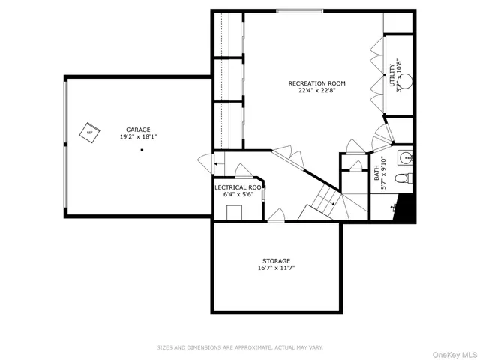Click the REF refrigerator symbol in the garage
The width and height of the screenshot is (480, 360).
tap(90, 133)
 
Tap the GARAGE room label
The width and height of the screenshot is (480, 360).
tap(137, 129)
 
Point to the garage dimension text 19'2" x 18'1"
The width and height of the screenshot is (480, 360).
tap(137, 137)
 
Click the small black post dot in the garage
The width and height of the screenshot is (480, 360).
tap(142, 151)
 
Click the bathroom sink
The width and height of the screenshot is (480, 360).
tap(406, 157)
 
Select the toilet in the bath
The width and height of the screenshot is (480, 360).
tap(403, 178)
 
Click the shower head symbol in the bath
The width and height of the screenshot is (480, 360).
tap(394, 211)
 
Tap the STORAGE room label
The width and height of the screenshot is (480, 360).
tap(276, 261)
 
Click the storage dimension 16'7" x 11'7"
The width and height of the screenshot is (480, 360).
tap(276, 268)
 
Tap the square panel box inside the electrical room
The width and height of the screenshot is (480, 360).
tap(234, 212)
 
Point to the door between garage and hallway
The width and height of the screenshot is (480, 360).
tap(203, 161)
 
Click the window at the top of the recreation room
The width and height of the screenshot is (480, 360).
tap(300, 10)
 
